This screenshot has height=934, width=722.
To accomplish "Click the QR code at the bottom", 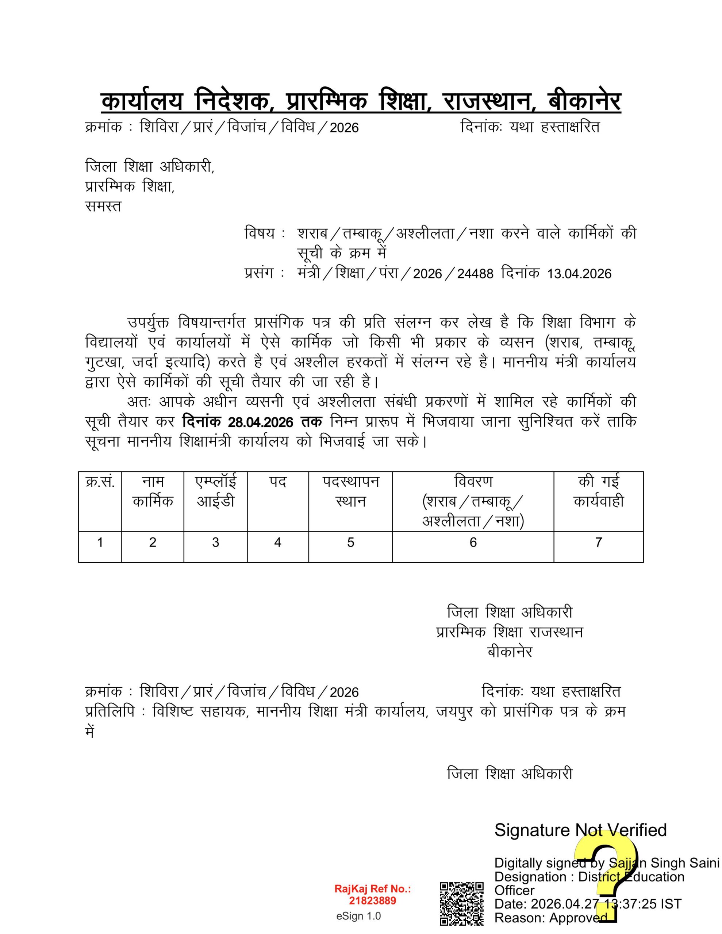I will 462,903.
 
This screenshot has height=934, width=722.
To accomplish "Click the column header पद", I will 277,482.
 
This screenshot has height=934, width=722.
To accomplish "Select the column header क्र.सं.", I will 100,482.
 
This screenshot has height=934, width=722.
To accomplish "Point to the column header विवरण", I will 473,482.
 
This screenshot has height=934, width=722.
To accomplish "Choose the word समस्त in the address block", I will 103,207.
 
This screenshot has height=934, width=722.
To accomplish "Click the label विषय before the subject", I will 260,233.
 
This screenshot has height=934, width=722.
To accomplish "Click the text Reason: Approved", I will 551,918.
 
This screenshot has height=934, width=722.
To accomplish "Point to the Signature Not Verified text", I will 580,830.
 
